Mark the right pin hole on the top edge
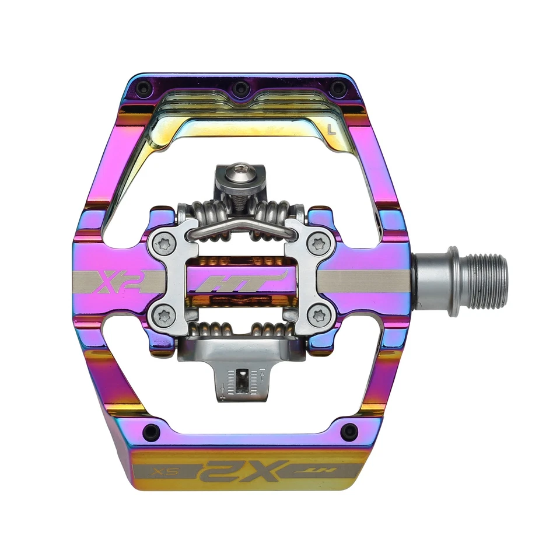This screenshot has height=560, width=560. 337,89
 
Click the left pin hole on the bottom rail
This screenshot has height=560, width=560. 152,431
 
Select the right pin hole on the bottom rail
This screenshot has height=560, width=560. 349,431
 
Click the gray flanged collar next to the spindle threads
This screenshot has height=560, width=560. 436,281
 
